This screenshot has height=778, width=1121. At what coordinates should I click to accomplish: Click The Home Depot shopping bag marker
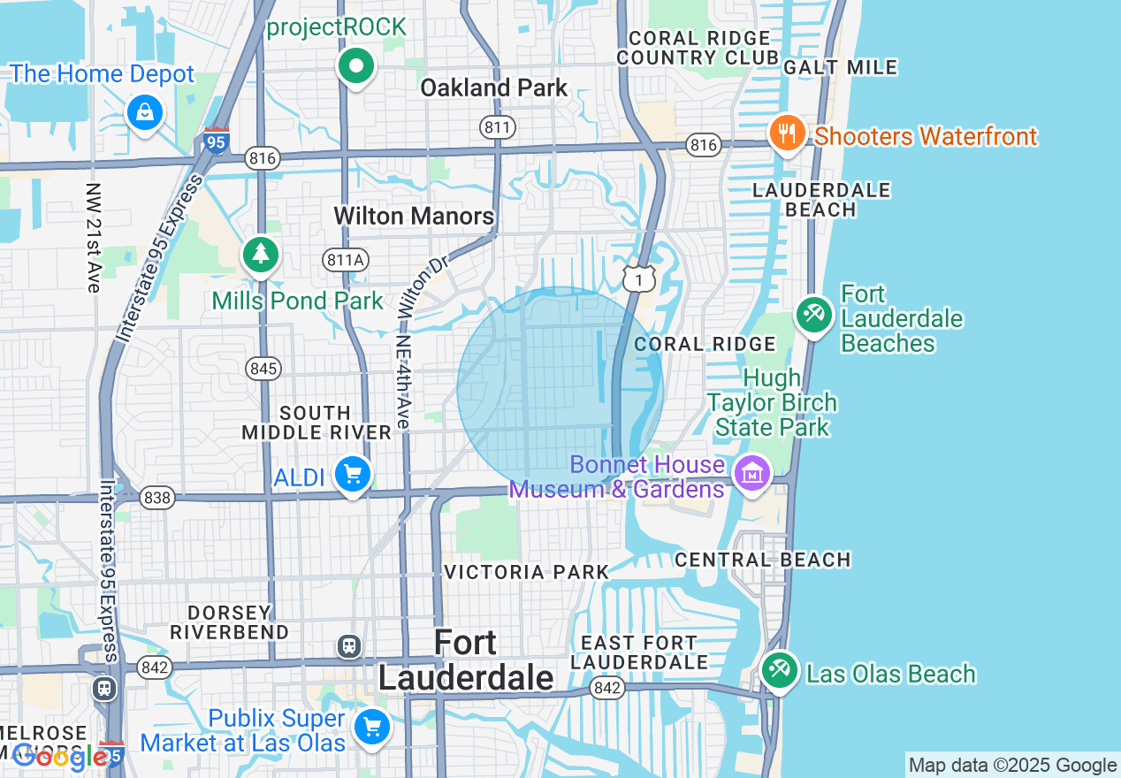(143, 112)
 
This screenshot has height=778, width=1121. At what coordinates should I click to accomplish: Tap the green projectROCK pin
(356, 65)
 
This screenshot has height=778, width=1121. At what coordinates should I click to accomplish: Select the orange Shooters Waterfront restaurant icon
(787, 133)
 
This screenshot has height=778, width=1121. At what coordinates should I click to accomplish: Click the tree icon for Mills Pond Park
(261, 255)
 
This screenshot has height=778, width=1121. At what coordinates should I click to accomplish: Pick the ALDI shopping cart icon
(353, 476)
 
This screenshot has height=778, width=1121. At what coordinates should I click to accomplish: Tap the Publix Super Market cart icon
(371, 728)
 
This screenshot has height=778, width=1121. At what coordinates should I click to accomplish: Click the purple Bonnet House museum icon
(752, 473)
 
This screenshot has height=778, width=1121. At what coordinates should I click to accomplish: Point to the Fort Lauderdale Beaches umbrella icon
(813, 313)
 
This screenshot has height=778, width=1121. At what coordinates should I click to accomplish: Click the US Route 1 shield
(638, 278)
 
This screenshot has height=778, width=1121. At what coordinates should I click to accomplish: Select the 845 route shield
(263, 368)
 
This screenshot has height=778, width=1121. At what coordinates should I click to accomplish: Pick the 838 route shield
(156, 498)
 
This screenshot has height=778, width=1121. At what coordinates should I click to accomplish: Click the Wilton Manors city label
(414, 216)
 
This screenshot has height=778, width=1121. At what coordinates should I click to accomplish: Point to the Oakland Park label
(493, 88)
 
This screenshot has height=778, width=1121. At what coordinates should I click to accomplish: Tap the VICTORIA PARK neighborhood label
(527, 572)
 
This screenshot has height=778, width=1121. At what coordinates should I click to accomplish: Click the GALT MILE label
(840, 67)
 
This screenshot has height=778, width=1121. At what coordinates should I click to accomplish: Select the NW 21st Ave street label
(94, 237)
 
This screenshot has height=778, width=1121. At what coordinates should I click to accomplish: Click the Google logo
(60, 757)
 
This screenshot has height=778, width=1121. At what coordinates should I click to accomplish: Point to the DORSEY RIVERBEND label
(230, 622)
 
